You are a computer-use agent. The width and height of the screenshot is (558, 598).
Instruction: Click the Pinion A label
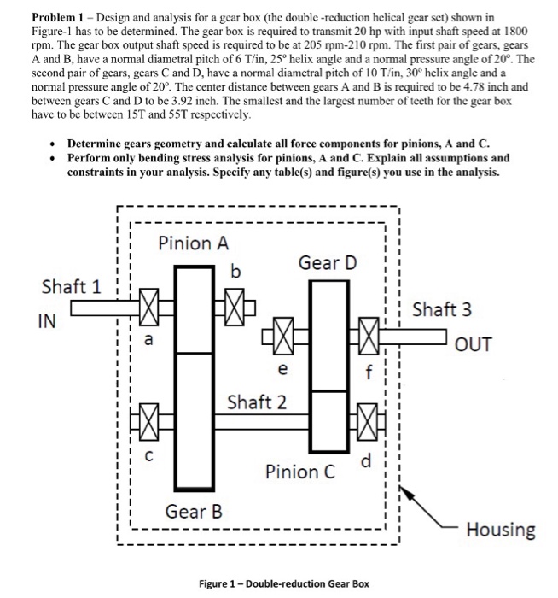click(x=194, y=243)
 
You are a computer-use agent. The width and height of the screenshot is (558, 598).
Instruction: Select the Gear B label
click(x=194, y=512)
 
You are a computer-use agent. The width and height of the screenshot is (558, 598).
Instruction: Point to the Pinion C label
click(x=302, y=471)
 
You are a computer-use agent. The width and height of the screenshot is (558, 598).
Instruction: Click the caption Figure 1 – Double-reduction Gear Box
click(x=284, y=583)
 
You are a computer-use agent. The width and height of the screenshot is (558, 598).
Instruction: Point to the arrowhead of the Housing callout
click(x=402, y=488)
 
